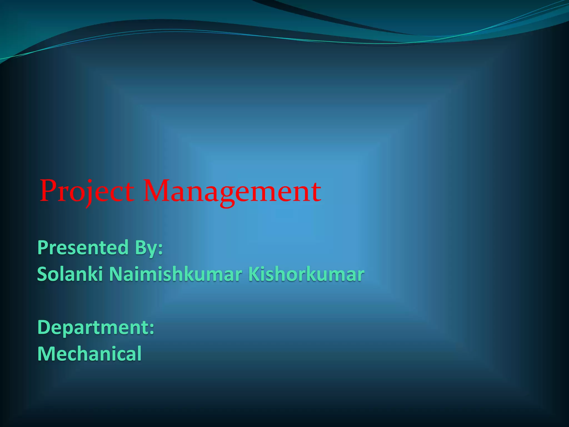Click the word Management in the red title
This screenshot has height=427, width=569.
coord(232,191)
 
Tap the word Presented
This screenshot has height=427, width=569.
coord(83,247)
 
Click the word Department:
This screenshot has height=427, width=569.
coord(96,327)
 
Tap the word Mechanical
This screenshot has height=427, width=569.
coord(89,354)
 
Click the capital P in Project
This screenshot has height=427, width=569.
coord(48,191)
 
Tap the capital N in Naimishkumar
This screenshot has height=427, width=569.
coord(116,274)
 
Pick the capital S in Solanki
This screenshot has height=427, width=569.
coord(43,274)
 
